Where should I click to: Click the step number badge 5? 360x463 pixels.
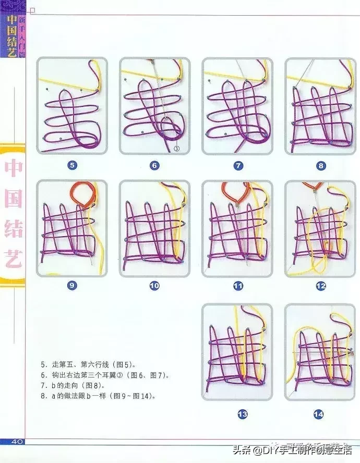pyautogui.click(x=72, y=166)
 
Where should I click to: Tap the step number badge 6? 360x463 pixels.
pyautogui.click(x=154, y=166)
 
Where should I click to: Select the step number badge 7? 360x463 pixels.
pyautogui.click(x=238, y=166)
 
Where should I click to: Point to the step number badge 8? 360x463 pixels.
pyautogui.click(x=320, y=166)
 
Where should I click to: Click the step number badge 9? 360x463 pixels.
pyautogui.click(x=72, y=286)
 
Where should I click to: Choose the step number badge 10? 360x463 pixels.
pyautogui.click(x=154, y=286)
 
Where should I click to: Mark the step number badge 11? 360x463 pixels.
pyautogui.click(x=238, y=286)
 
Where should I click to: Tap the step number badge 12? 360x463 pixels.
pyautogui.click(x=320, y=286)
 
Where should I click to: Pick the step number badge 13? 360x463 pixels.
pyautogui.click(x=242, y=415)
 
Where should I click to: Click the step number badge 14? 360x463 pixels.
pyautogui.click(x=319, y=415)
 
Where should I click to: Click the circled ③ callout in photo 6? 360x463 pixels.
pyautogui.click(x=176, y=148)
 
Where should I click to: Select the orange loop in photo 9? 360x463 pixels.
pyautogui.click(x=83, y=194)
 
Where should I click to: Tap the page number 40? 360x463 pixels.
pyautogui.click(x=14, y=442)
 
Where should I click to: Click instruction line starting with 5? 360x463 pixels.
pyautogui.click(x=89, y=365)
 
